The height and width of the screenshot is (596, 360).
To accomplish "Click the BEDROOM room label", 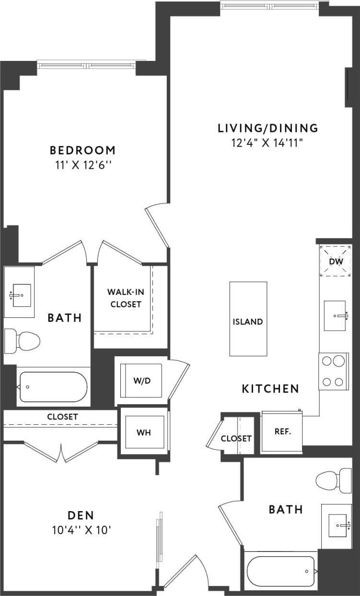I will [x=82, y=150].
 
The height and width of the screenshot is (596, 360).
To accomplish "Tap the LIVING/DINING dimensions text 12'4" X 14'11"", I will [x=267, y=142].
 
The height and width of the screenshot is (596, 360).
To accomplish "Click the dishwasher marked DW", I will [x=335, y=261].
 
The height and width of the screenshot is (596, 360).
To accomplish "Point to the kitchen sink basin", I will [x=335, y=316].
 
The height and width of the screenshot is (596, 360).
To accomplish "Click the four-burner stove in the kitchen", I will [x=333, y=371].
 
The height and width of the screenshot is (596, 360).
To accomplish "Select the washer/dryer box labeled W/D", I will [x=141, y=381].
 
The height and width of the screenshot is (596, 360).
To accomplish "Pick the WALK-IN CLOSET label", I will [x=124, y=298].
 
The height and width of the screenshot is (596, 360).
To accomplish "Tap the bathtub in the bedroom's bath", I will [x=53, y=387].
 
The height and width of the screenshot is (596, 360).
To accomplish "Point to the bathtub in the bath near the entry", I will [x=280, y=572].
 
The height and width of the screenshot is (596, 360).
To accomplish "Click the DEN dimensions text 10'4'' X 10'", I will [x=81, y=530].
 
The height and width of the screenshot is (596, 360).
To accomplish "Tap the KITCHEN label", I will [x=270, y=388].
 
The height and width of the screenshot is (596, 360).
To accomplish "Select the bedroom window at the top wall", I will [x=92, y=65].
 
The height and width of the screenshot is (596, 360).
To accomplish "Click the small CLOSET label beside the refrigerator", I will [x=236, y=438].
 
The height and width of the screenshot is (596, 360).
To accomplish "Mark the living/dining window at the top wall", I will [x=270, y=6].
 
